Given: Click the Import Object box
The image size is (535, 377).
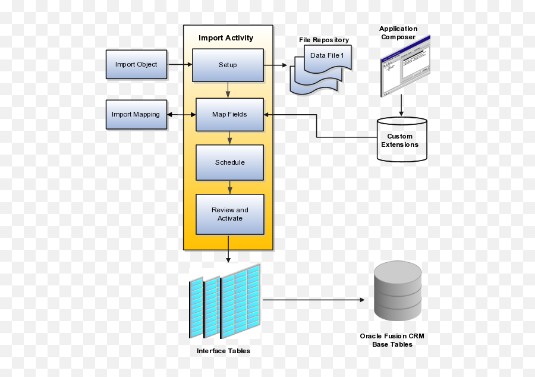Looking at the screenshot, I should point(136,64).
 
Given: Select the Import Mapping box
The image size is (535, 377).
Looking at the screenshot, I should point(136,114).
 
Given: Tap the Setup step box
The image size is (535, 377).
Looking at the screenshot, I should point(228,65).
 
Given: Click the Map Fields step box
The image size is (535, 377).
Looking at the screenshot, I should point(229,114).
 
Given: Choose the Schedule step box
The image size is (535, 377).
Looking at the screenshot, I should point(229,162).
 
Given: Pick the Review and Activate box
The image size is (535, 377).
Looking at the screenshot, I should point(229,214).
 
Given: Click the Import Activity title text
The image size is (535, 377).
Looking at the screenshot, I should point(226,38).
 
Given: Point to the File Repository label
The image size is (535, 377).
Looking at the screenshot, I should point(324,40).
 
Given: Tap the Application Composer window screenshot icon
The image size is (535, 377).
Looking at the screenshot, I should point(404,67).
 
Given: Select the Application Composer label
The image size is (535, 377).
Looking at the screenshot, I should point(398,33).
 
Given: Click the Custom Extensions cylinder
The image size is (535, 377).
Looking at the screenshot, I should point(402,140).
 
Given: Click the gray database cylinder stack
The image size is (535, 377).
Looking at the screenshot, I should point(398,292).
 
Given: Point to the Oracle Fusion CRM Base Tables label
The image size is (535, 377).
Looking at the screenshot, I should point(392,340).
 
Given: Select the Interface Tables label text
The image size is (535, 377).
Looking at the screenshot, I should point(224,351).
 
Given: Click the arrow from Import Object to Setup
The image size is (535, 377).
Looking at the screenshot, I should point(180,64).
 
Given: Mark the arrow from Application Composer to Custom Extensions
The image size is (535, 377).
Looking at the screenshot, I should point(402,106).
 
